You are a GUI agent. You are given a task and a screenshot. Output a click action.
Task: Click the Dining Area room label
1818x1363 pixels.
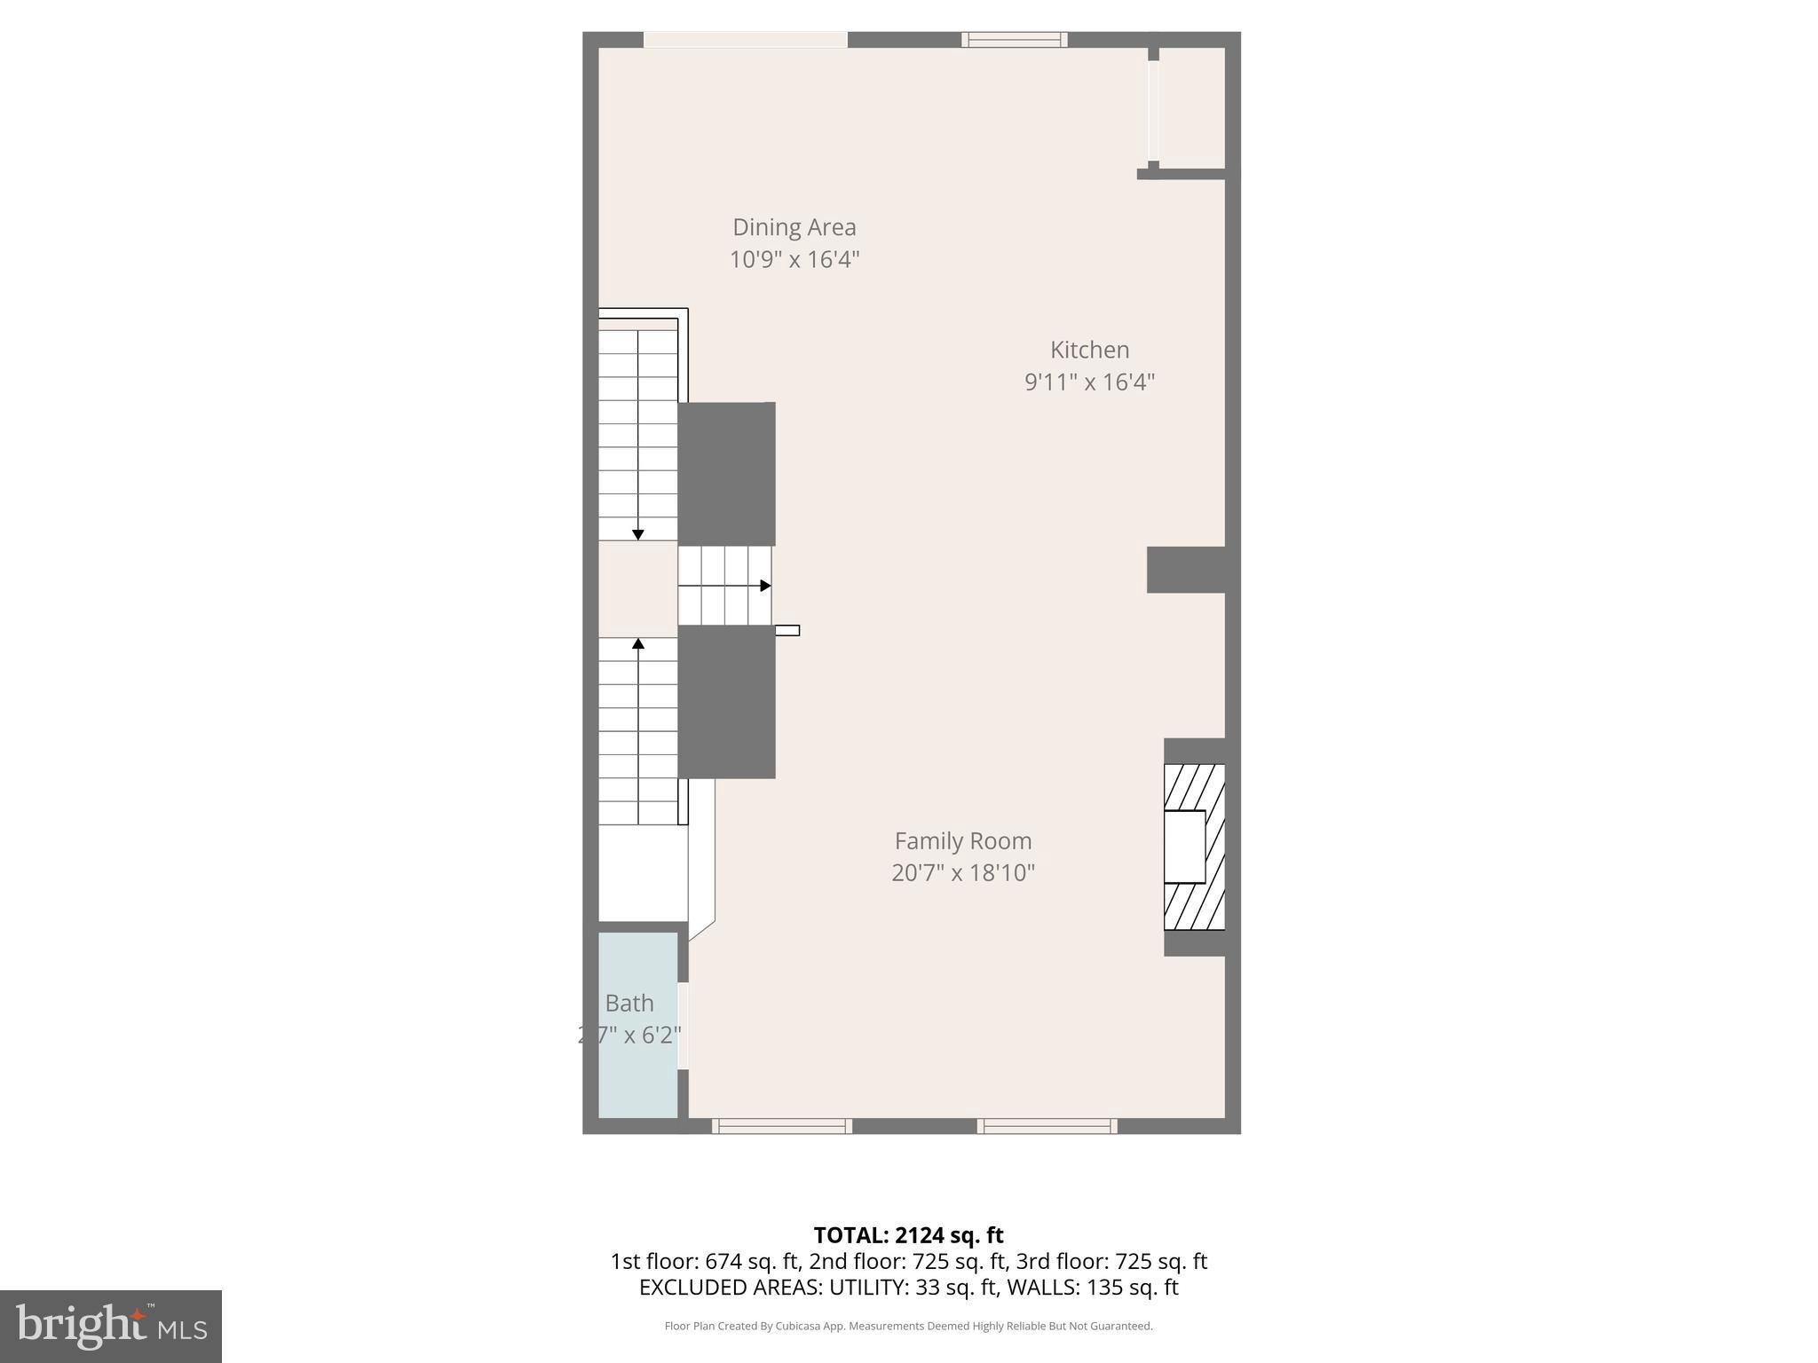pos(794,227)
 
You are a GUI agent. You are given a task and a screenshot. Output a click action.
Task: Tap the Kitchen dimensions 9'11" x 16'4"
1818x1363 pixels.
pos(1089,382)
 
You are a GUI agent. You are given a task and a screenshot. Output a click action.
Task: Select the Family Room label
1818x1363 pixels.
pos(962,840)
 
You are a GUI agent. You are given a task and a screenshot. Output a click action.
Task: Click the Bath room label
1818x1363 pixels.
pos(629,1003)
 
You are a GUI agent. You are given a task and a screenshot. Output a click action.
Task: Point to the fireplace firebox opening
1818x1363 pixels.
pos(1184,847)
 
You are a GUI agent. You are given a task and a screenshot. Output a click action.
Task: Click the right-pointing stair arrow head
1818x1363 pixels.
pos(765,586)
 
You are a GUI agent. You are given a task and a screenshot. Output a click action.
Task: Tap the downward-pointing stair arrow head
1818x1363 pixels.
pos(637,534)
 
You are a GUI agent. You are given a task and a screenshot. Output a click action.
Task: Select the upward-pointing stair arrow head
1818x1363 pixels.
pos(637,643)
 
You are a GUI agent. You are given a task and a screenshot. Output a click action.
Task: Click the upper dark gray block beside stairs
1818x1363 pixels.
pos(726,474)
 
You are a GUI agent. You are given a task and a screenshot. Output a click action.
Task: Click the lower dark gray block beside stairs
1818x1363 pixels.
pos(726,702)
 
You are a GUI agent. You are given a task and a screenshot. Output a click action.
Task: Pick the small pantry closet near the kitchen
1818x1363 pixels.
pos(1191,107)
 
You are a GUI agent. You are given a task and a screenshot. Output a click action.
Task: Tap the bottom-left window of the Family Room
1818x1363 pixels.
pos(781,1126)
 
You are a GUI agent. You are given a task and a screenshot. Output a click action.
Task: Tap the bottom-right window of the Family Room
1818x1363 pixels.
pos(1047,1126)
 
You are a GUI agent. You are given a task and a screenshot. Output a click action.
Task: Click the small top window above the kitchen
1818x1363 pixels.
pos(1014,39)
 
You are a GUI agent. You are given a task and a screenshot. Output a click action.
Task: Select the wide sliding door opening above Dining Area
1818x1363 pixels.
pos(745,39)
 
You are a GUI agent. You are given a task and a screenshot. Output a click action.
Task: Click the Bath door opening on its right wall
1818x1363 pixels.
pos(683,1025)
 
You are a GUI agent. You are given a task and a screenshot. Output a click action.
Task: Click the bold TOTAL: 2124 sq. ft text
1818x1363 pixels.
pos(908,1235)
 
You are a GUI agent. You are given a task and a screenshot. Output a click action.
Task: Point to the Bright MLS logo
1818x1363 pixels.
pos(111,1326)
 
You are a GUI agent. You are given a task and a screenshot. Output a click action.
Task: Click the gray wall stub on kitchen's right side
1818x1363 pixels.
pos(1186,570)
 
